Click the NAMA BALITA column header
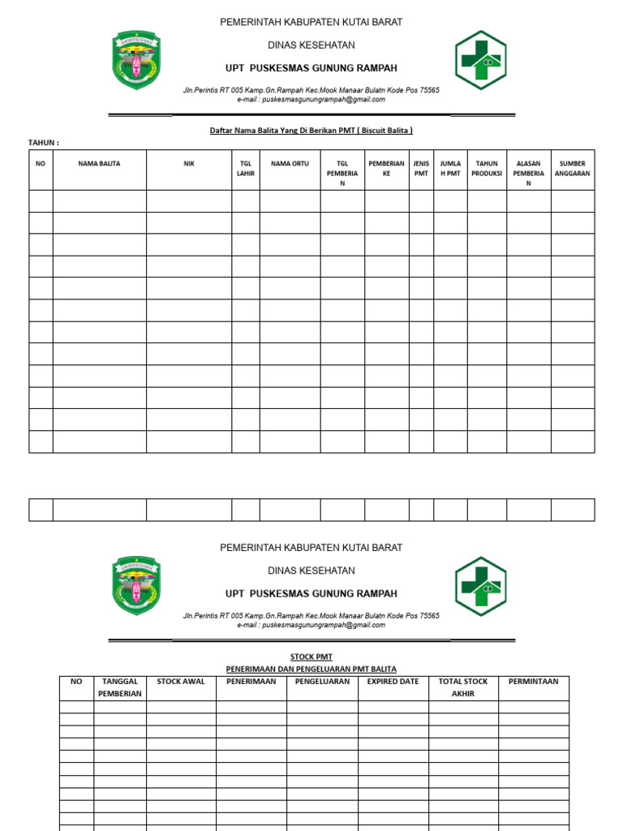(99, 164)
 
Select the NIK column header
(189, 164)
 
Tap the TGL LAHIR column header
(245, 168)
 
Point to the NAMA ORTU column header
(290, 164)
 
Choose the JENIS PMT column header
(421, 168)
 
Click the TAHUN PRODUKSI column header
(487, 168)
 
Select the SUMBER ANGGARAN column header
(572, 168)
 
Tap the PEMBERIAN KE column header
(386, 168)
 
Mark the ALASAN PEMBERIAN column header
(528, 173)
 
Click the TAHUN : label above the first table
(44, 143)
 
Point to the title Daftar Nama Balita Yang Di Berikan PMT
(311, 130)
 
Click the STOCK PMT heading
(311, 657)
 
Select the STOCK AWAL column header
(181, 682)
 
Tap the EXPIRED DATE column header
(393, 682)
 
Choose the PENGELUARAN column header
(322, 682)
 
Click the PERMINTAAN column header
(533, 682)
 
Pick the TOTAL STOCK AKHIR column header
(462, 687)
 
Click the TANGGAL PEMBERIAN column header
(120, 687)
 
